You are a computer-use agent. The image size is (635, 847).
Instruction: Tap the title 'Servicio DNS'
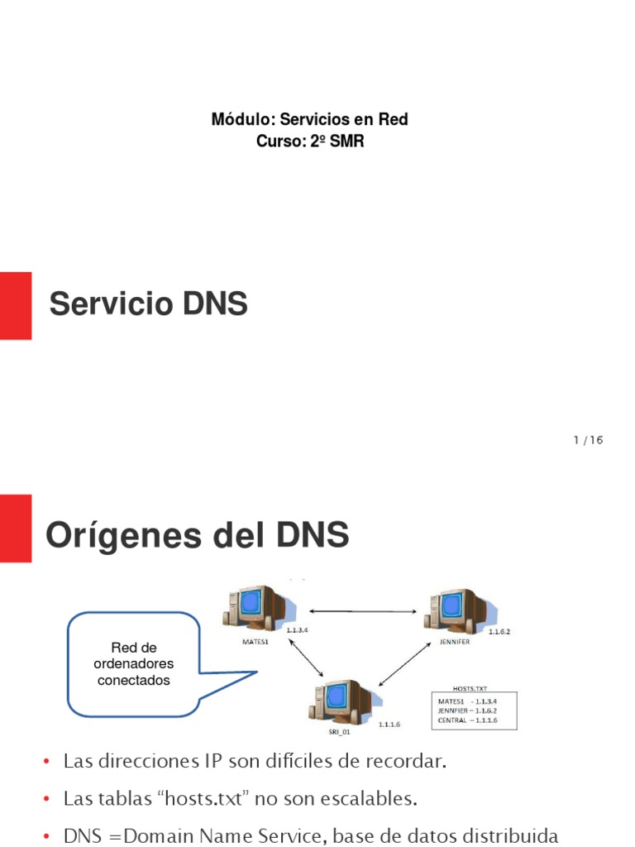[x=149, y=304]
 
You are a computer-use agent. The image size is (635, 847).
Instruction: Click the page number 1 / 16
[x=589, y=440]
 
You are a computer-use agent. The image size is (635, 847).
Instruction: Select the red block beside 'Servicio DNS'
[x=16, y=305]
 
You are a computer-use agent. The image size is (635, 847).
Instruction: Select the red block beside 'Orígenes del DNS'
[x=16, y=528]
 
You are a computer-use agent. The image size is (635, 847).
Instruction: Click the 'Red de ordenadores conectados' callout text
[x=134, y=664]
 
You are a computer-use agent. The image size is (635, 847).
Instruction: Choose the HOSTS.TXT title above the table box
[x=470, y=688]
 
